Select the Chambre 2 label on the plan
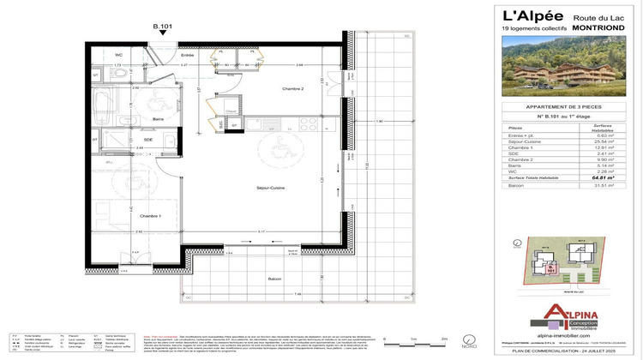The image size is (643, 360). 294,89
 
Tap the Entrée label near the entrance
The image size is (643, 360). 188,55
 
